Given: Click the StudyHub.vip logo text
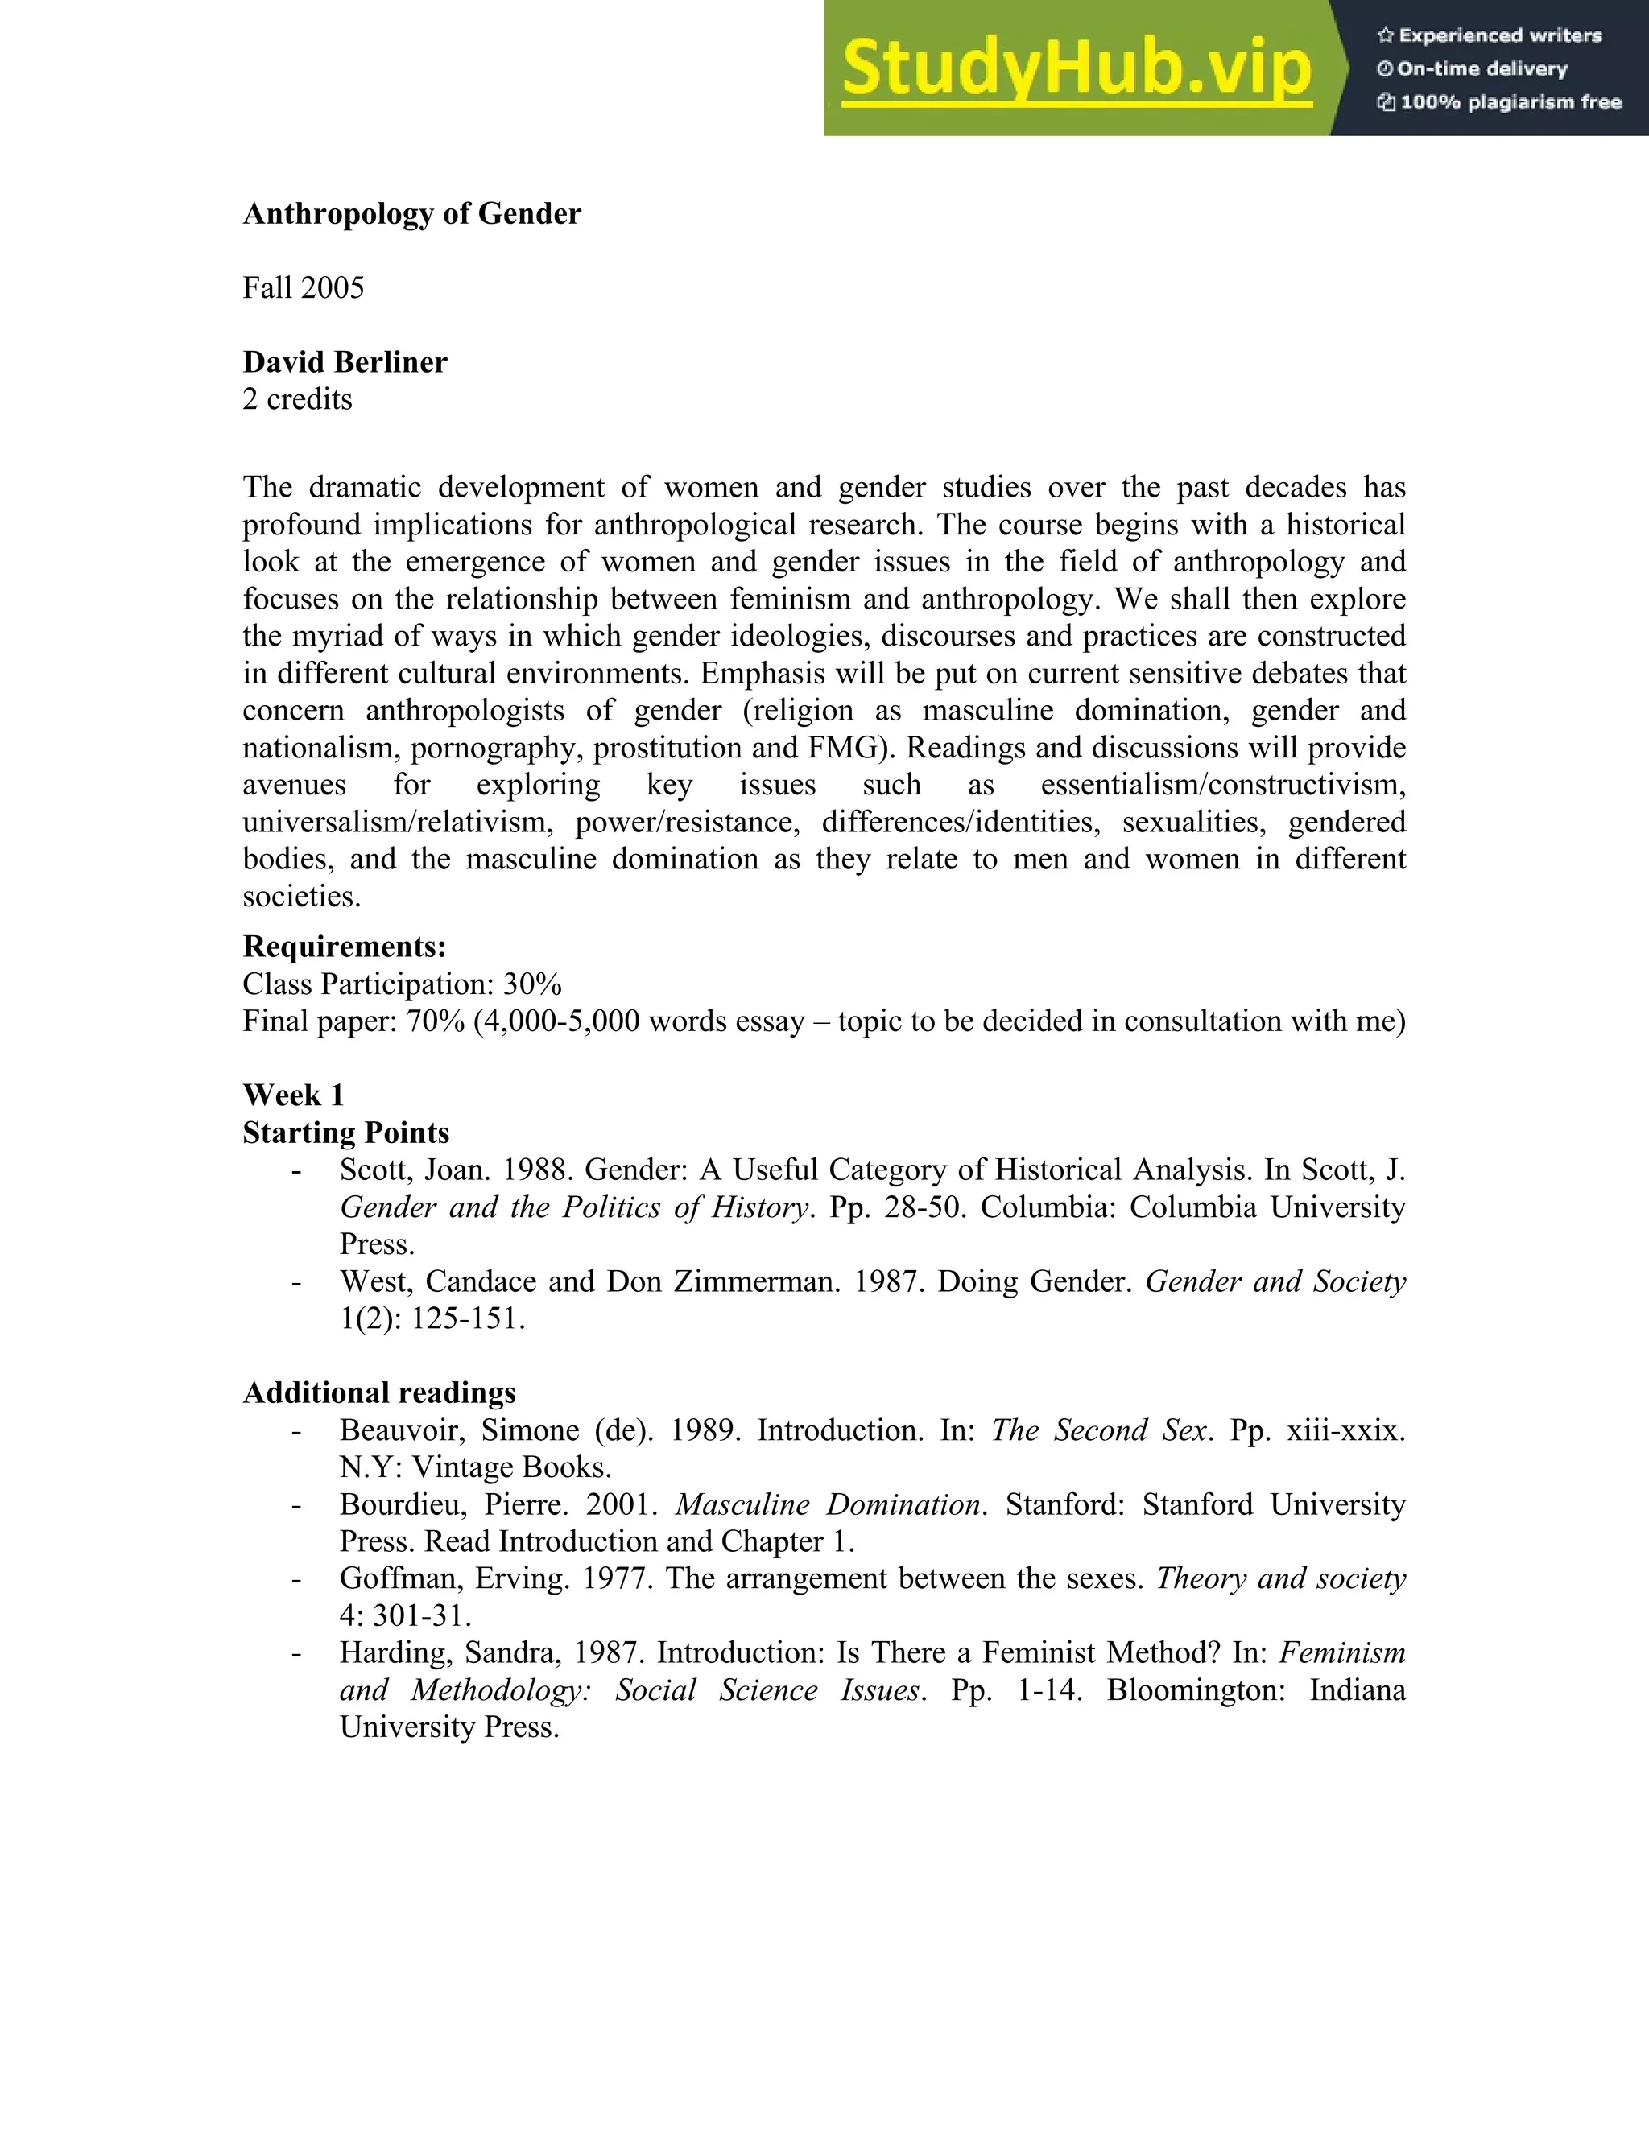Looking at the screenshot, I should [x=1075, y=68].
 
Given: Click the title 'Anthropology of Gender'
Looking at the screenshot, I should [x=411, y=214].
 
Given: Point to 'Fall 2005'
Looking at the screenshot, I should [x=303, y=288].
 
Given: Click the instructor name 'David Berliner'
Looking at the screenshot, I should [x=345, y=362].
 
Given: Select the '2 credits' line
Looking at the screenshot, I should [x=297, y=399].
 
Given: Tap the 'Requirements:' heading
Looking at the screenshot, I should [x=344, y=947].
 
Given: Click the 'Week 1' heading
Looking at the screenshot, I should [x=293, y=1095].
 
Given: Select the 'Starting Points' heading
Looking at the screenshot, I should [x=345, y=1133].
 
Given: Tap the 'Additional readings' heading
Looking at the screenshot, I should [x=379, y=1392].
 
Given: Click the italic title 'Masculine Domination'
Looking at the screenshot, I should [x=829, y=1504].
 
